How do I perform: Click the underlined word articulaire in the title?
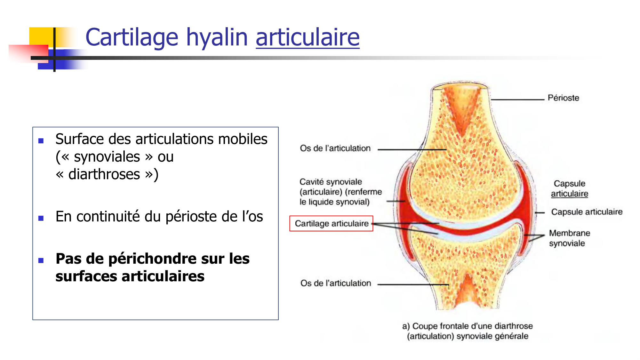point(308,38)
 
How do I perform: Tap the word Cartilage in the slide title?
point(132,38)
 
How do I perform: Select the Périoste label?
point(563,98)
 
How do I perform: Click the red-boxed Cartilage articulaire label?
point(332,223)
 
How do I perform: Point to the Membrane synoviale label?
point(569,238)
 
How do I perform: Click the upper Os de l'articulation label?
point(335,148)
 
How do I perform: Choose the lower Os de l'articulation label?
point(336,283)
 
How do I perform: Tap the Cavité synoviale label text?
point(331,182)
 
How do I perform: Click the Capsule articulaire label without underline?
point(587,212)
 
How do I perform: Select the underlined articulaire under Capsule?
point(569,194)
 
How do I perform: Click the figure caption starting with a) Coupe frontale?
point(468,331)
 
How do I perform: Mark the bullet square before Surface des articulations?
point(41,141)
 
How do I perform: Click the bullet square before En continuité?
point(41,218)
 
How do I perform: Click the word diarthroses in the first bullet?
point(104,175)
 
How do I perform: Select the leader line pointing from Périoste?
point(518,100)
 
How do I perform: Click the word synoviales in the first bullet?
point(107,157)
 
